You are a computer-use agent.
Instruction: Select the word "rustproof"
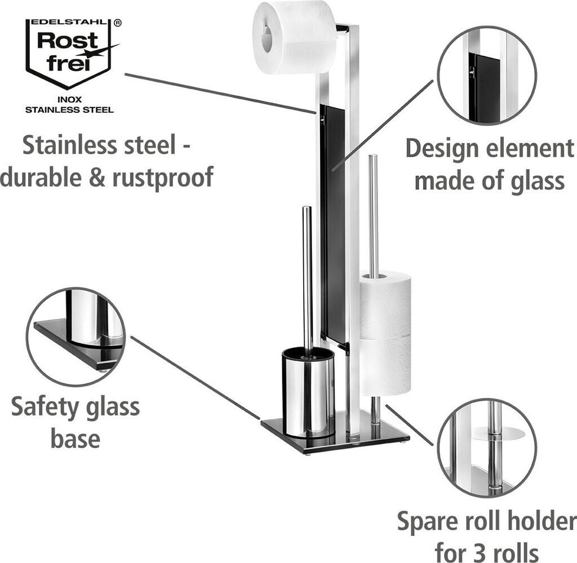coord(163,178)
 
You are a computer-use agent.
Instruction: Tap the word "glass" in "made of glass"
coord(535,181)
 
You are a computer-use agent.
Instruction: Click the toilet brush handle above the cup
coord(308,276)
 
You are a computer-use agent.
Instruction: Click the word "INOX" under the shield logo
coord(69,99)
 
